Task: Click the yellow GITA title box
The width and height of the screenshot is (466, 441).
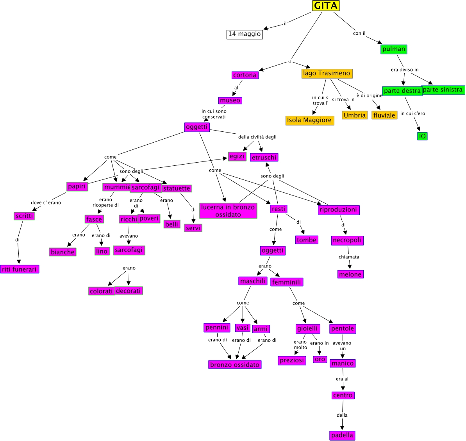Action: [x=326, y=6]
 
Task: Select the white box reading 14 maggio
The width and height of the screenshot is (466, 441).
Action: [x=245, y=34]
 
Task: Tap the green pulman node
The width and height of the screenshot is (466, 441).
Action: [x=394, y=49]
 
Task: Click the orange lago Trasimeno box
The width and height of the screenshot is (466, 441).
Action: [x=327, y=73]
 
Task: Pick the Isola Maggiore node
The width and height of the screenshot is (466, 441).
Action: [x=309, y=120]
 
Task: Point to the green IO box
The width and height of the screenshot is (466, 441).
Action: [x=422, y=136]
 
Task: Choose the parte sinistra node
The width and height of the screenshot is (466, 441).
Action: [x=443, y=90]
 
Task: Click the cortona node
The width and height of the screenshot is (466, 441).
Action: [x=245, y=75]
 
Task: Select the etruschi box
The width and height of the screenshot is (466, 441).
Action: [x=264, y=158]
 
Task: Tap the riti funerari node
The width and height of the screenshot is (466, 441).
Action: [x=20, y=269]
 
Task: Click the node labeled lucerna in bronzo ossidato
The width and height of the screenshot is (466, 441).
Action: [x=228, y=211]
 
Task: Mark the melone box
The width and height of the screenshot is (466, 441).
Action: [x=350, y=274]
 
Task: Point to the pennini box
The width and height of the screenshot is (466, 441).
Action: [x=217, y=328]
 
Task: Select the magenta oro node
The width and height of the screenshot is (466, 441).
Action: [x=320, y=359]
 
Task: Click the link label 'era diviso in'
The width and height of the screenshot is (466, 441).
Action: [x=405, y=70]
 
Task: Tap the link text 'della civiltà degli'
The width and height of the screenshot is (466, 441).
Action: [x=257, y=137]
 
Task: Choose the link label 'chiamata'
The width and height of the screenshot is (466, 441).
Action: [x=349, y=257]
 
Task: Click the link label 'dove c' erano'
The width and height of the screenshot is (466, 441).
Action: [x=46, y=203]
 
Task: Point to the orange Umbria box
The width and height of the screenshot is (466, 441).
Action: [x=355, y=115]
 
